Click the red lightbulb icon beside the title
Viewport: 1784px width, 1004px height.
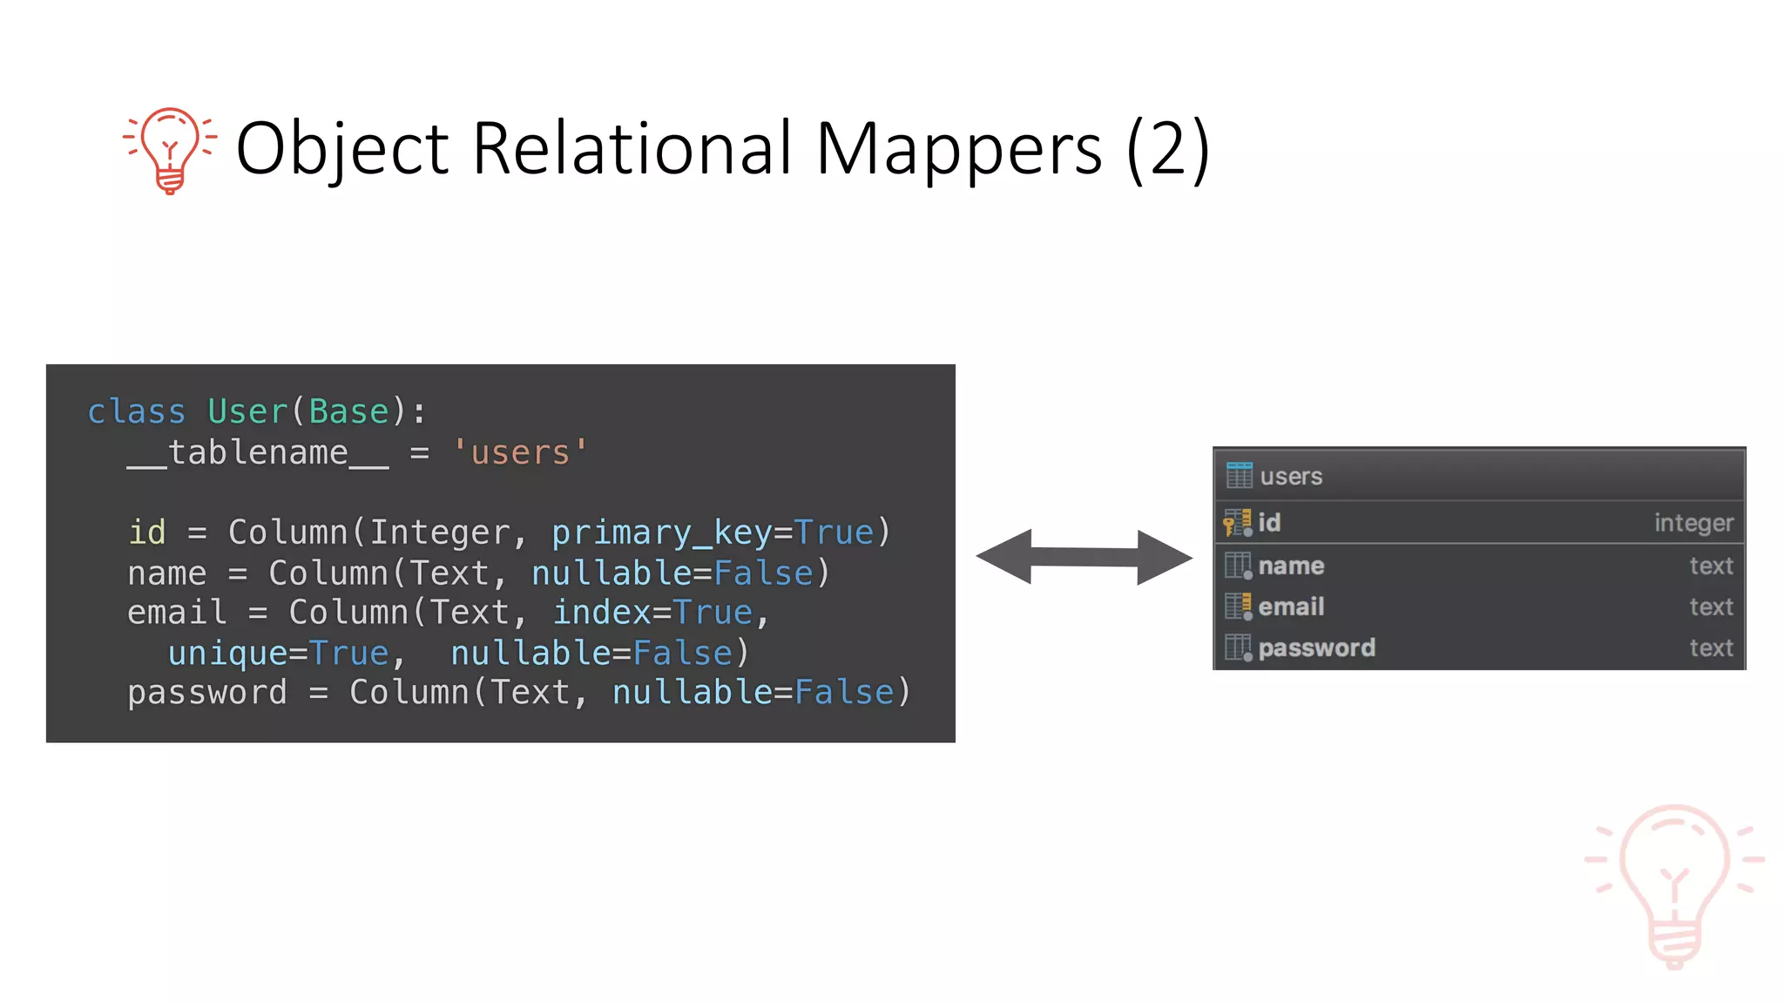tap(170, 149)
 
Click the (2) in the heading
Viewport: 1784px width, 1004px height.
tap(1167, 150)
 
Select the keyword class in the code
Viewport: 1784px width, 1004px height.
tap(137, 411)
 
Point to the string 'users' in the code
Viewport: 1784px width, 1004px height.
tap(520, 452)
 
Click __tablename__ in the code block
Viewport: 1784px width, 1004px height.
tap(258, 453)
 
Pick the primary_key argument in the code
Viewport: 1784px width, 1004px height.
tap(661, 533)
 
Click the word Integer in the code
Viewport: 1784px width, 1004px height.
tap(440, 533)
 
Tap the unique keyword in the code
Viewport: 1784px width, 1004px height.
tap(226, 653)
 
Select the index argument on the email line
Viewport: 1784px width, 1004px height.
tap(601, 612)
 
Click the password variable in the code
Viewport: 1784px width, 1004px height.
tap(206, 692)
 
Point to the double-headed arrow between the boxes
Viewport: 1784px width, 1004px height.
tap(1084, 557)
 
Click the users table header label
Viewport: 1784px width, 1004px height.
tap(1291, 477)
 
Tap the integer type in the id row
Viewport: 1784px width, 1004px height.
tap(1693, 523)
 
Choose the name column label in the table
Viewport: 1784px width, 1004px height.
tap(1291, 566)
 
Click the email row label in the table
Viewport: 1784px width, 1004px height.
tap(1291, 607)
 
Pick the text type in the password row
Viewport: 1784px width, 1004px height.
tap(1711, 648)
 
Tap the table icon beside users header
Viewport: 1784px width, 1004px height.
tap(1239, 476)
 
